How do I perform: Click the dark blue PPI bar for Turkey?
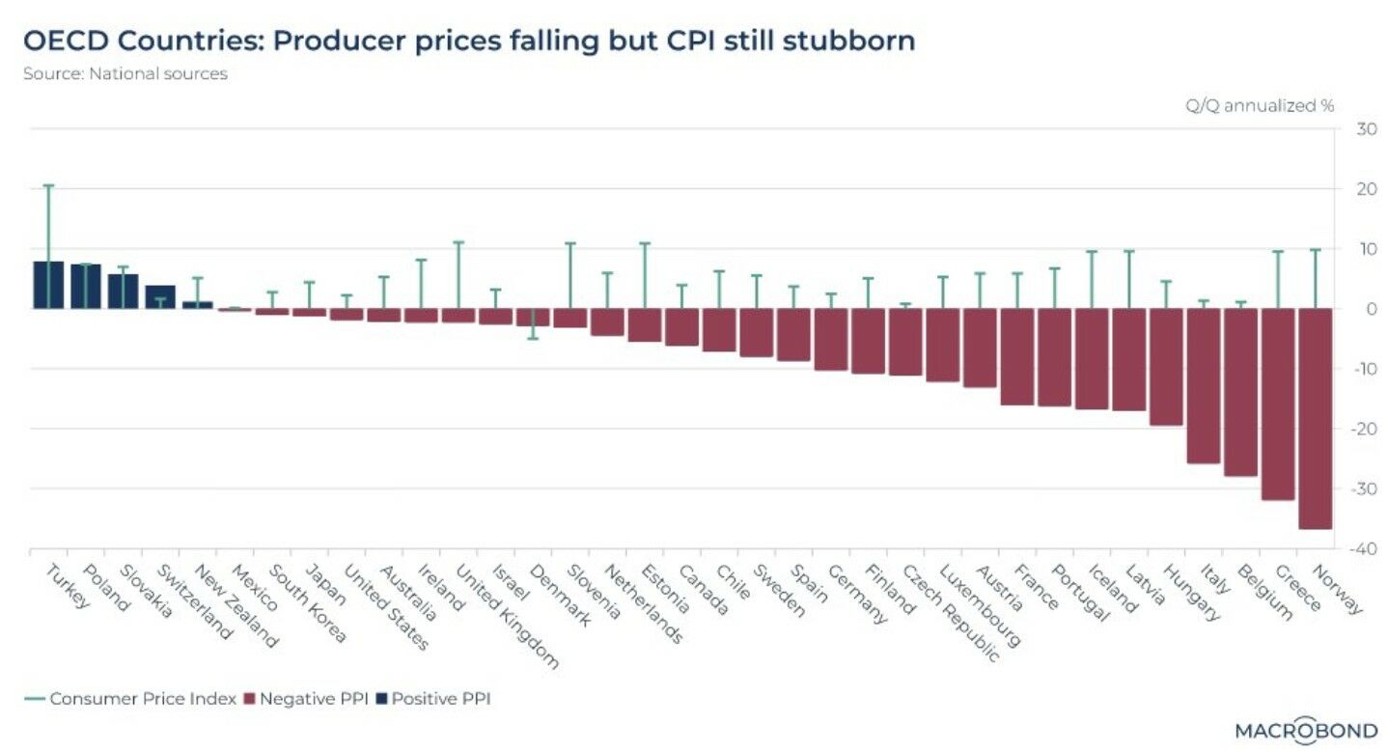[48, 285]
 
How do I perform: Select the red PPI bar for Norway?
[1315, 418]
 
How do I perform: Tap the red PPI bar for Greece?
[1277, 404]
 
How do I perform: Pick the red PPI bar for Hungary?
[1165, 367]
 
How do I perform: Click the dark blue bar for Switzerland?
[160, 296]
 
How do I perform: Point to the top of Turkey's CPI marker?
[48, 184]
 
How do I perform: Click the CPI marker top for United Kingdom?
[458, 241]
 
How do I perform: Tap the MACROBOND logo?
[1306, 731]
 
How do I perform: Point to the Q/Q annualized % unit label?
[1260, 106]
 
